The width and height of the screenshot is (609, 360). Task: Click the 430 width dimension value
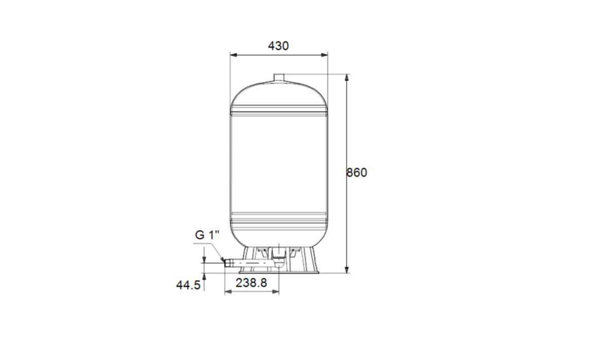(279, 46)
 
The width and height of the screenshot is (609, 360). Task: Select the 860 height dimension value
(357, 173)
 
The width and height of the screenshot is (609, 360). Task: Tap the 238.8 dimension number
(251, 283)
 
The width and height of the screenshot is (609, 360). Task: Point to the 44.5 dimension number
(188, 285)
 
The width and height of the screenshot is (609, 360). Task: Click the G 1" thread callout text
(207, 235)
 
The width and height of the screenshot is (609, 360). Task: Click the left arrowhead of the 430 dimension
(233, 55)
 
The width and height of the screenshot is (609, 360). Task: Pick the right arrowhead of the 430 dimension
(324, 55)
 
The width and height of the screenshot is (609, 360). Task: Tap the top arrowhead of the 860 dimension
(347, 78)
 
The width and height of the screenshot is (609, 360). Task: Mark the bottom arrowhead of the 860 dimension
(347, 270)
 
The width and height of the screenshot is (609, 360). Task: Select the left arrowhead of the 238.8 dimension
(228, 292)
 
